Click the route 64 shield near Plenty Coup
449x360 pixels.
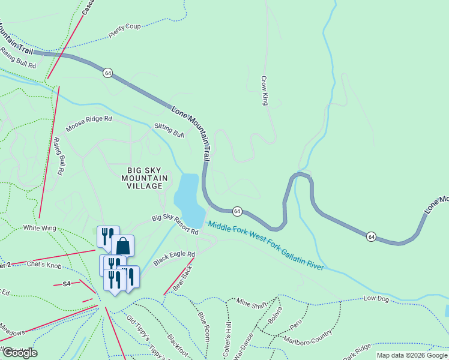[107, 73]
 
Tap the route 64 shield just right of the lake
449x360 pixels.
[238, 211]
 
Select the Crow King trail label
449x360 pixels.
[264, 91]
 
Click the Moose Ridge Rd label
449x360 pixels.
[89, 124]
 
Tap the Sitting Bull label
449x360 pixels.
[169, 128]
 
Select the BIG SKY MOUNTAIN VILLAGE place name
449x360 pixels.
[142, 178]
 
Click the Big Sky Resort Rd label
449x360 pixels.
[175, 225]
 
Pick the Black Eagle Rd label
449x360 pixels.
[174, 259]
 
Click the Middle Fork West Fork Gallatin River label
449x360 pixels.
[265, 245]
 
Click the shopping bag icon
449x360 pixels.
[122, 245]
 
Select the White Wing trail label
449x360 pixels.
[40, 228]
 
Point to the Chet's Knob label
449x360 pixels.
[46, 265]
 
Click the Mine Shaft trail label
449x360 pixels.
[251, 304]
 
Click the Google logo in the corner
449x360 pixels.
[19, 353]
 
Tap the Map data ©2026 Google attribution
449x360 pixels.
[411, 355]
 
